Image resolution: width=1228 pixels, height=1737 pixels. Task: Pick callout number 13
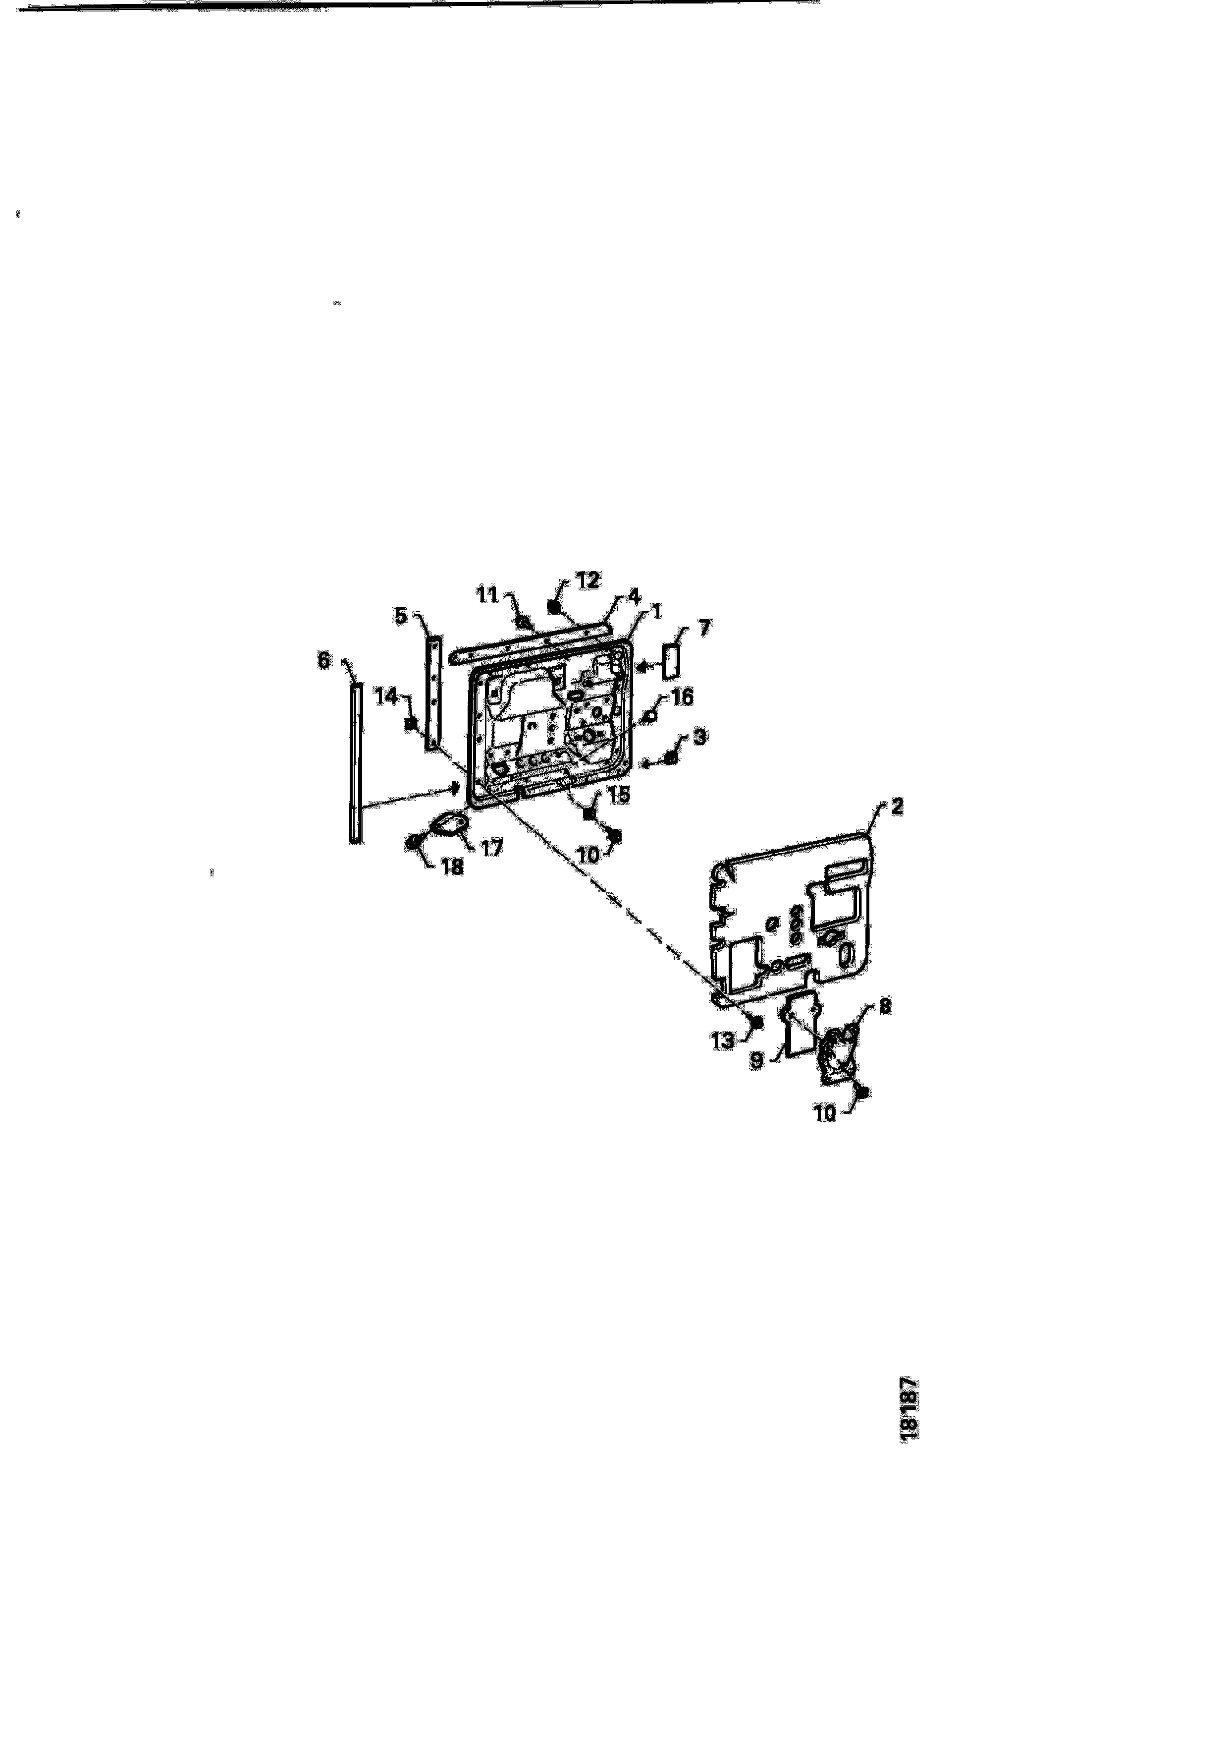tap(722, 1041)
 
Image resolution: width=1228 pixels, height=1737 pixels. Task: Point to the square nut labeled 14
tap(411, 723)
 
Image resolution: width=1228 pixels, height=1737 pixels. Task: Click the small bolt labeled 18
tap(415, 843)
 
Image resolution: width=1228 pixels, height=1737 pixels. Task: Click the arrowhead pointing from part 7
tap(639, 667)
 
